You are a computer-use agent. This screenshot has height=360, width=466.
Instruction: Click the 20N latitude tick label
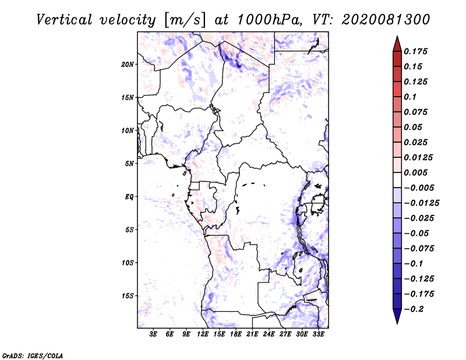pyautogui.click(x=128, y=64)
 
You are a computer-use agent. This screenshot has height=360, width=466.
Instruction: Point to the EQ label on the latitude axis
pyautogui.click(x=129, y=196)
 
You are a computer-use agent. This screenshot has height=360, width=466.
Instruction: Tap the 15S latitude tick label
pyautogui.click(x=128, y=296)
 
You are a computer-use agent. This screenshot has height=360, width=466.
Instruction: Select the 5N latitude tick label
pyautogui.click(x=129, y=164)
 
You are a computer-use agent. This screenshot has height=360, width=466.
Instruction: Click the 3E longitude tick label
pyautogui.click(x=154, y=334)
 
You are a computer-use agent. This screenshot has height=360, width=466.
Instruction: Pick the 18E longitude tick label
pyautogui.click(x=236, y=334)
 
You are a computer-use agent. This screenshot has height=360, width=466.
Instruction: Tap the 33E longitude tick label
pyautogui.click(x=318, y=334)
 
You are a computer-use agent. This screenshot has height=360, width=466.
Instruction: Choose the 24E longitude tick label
pyautogui.click(x=269, y=334)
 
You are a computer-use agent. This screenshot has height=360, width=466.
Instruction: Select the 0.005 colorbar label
pyautogui.click(x=417, y=173)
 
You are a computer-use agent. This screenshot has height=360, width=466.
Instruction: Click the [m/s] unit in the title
pyautogui.click(x=185, y=20)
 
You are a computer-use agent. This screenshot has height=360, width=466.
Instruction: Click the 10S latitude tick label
pyautogui.click(x=128, y=263)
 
